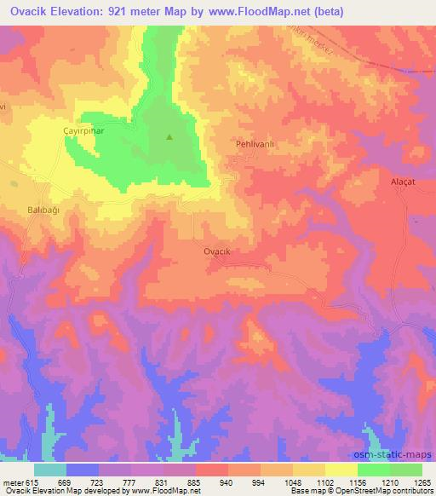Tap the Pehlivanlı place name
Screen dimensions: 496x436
(255, 145)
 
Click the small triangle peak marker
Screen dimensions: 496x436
(169, 136)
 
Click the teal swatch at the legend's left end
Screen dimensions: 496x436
(50, 470)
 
